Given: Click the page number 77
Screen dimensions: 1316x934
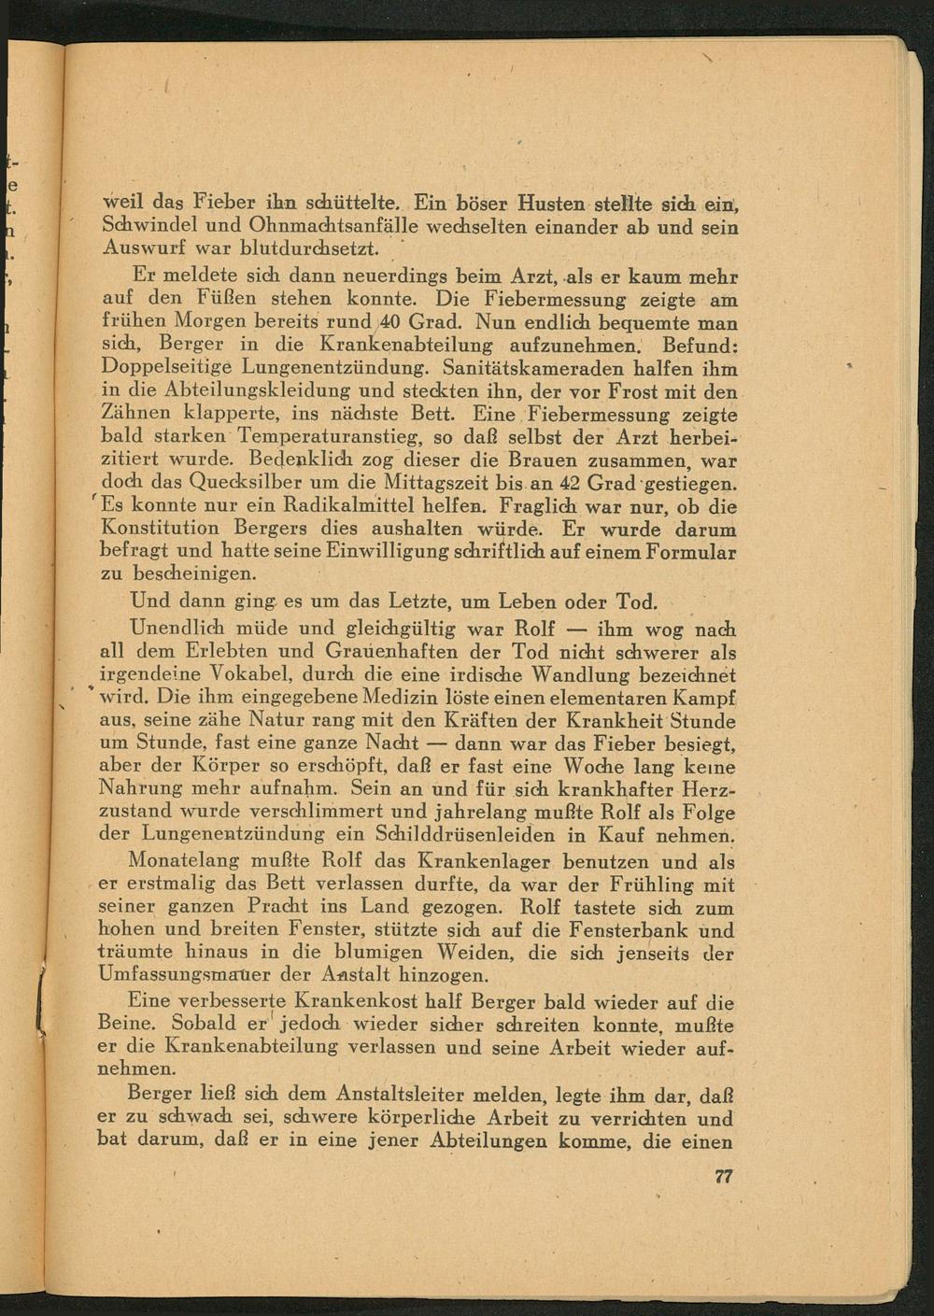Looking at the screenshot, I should [723, 1177].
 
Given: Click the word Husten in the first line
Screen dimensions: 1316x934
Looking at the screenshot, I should [559, 202].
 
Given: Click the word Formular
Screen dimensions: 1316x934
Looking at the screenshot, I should [692, 553].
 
